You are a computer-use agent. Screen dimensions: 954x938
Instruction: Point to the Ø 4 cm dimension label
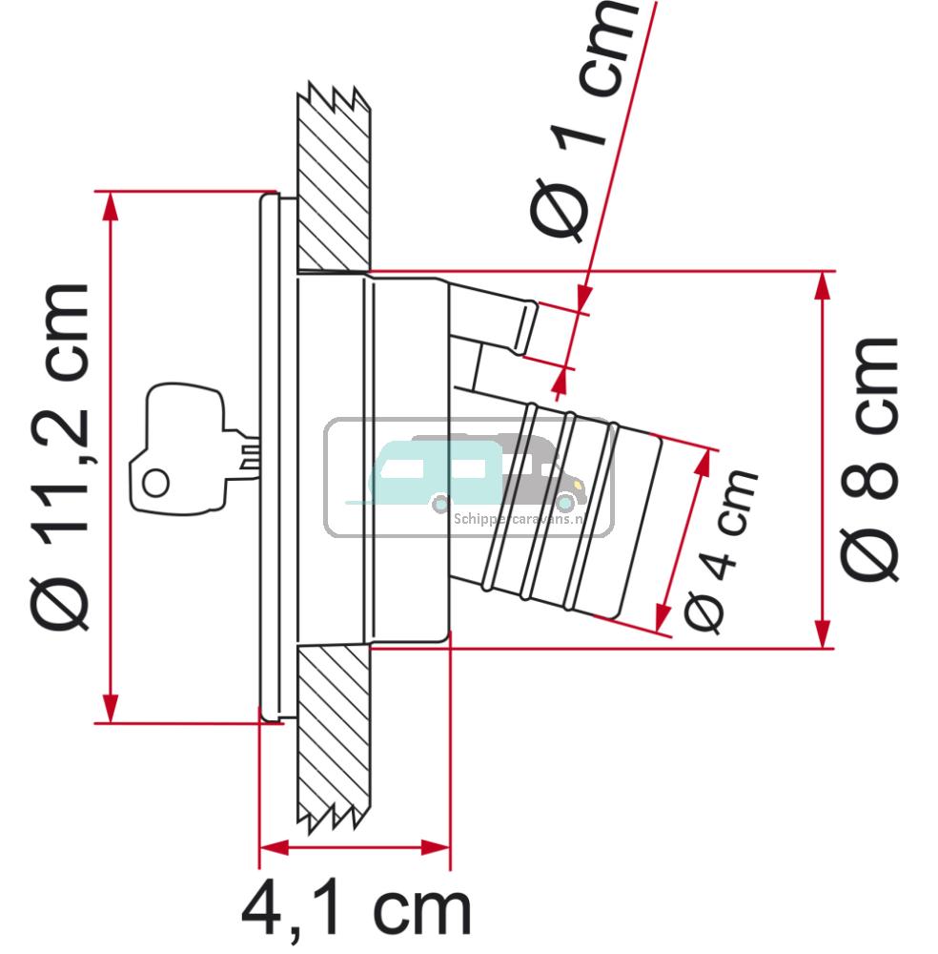[x=722, y=551]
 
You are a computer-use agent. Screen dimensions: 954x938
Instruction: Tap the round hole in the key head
[x=156, y=484]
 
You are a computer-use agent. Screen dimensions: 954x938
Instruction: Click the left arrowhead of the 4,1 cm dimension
[x=273, y=846]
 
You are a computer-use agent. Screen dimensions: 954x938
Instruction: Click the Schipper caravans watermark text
[x=519, y=518]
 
